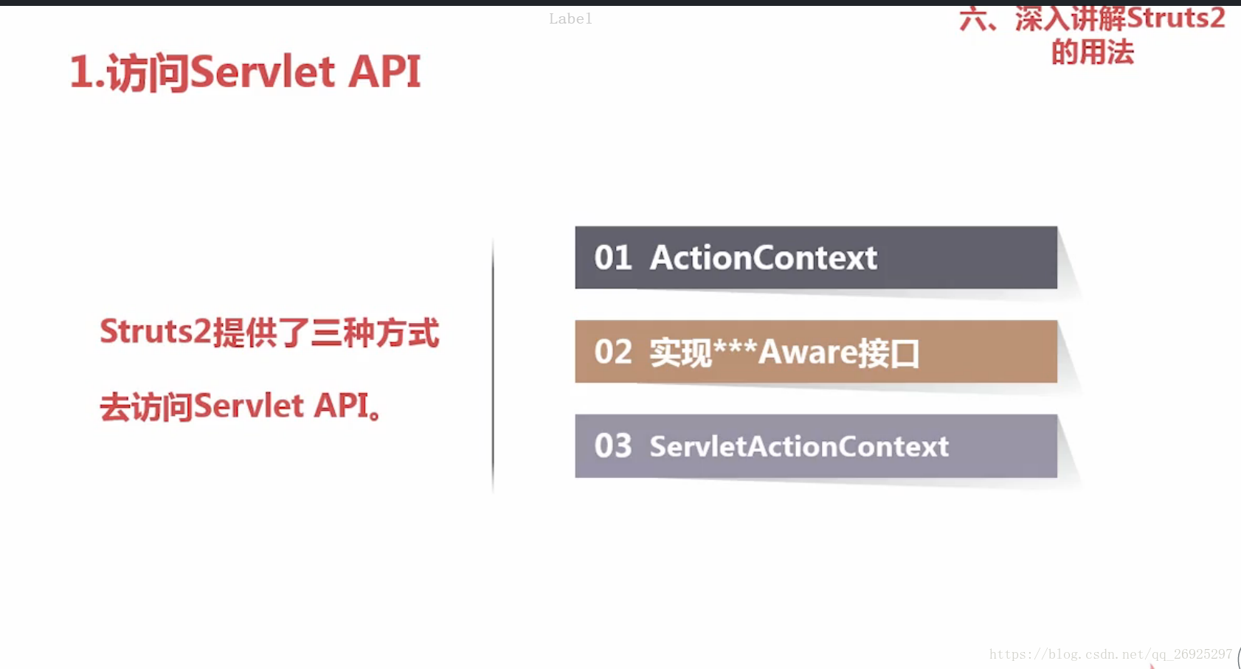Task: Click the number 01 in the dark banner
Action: [x=612, y=258]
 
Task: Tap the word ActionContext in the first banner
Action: [x=764, y=258]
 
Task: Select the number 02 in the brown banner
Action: [x=612, y=352]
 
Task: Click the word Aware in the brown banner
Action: [x=807, y=352]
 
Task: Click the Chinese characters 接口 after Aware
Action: [x=888, y=353]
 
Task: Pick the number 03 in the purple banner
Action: [x=612, y=446]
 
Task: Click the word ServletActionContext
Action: [x=799, y=446]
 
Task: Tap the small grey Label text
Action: [x=570, y=19]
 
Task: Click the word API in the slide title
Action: [x=384, y=72]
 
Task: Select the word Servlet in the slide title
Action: [x=263, y=72]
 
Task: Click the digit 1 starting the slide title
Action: [x=81, y=72]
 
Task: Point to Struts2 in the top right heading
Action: [x=1175, y=18]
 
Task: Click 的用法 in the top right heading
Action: [x=1093, y=52]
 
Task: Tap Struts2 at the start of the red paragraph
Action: [x=156, y=332]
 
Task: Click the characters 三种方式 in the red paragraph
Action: [x=376, y=332]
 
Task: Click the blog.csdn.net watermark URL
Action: [x=1111, y=654]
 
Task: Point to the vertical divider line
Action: [x=493, y=366]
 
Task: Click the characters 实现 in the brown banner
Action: [x=681, y=353]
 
